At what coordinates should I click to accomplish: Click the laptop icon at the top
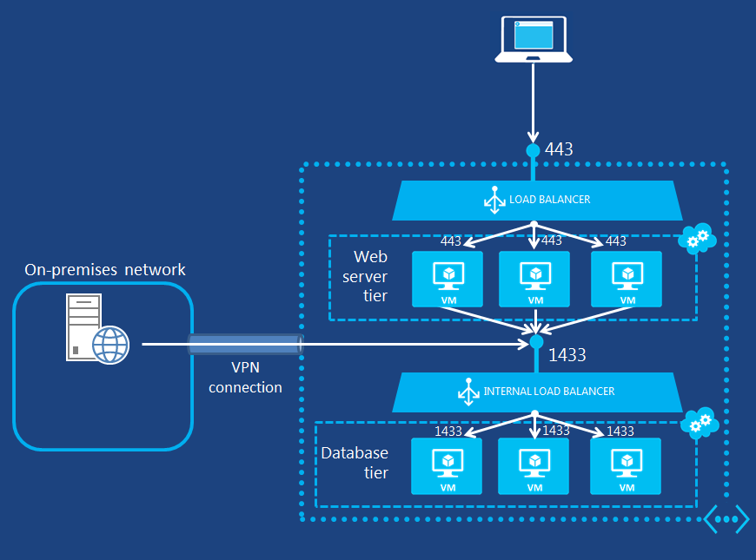[x=534, y=40]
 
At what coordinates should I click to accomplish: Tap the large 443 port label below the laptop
[x=559, y=149]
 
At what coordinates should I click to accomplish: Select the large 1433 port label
[x=567, y=354]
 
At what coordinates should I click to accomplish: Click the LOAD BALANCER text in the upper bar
[x=549, y=200]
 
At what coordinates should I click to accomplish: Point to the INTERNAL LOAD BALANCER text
[x=548, y=392]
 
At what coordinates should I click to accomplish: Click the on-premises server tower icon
[x=84, y=326]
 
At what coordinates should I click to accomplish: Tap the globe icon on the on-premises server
[x=110, y=345]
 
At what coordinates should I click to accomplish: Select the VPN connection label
[x=245, y=379]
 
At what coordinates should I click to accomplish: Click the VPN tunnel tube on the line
[x=245, y=344]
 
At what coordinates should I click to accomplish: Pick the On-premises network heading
[x=105, y=270]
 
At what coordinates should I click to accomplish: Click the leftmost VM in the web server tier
[x=447, y=279]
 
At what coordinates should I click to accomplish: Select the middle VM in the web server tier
[x=534, y=279]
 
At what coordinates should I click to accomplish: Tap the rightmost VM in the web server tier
[x=626, y=279]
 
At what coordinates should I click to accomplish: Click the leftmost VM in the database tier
[x=447, y=466]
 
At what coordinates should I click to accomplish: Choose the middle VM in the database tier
[x=534, y=466]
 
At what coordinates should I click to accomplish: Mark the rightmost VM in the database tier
[x=626, y=466]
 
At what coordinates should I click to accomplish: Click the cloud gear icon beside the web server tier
[x=699, y=237]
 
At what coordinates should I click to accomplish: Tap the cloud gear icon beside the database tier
[x=699, y=423]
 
